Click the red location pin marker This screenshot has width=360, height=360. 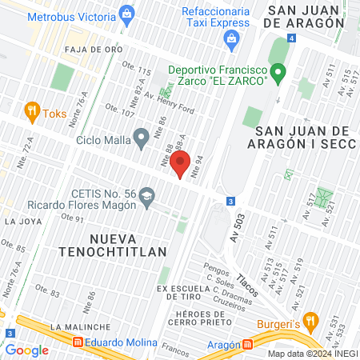(181, 163)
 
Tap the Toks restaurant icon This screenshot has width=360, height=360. (31, 111)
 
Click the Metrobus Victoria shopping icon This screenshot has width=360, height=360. (126, 13)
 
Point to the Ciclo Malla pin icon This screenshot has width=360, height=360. (141, 139)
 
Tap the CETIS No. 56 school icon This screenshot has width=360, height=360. (147, 195)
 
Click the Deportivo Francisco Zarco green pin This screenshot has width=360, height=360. (278, 74)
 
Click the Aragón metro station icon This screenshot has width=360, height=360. (249, 345)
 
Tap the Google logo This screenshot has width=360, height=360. (26, 350)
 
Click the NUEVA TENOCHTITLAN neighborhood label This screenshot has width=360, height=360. (128, 246)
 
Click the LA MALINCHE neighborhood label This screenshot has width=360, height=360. (78, 327)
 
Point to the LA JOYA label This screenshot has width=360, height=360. (22, 221)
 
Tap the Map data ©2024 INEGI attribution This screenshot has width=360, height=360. (311, 353)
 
